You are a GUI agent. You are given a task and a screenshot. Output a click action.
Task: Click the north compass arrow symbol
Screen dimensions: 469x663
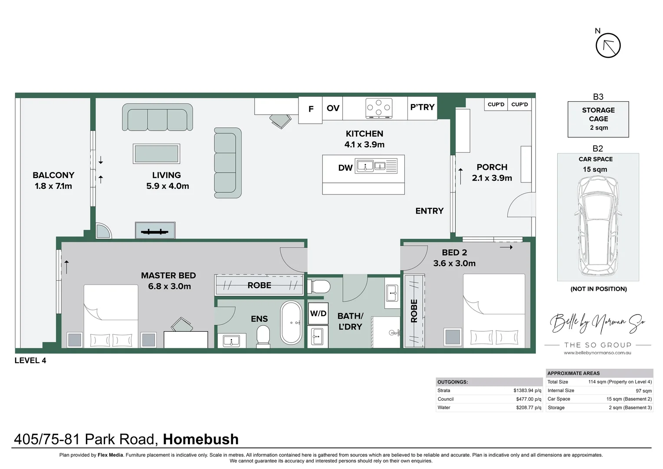pyautogui.click(x=608, y=46)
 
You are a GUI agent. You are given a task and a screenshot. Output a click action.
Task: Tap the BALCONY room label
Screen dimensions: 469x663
pyautogui.click(x=53, y=175)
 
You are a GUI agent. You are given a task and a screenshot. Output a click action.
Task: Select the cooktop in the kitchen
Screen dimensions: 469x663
pyautogui.click(x=379, y=108)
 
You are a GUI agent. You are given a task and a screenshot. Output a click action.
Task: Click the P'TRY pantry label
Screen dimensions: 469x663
pyautogui.click(x=422, y=107)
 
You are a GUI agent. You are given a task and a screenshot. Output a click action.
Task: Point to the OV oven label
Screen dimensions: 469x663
pyautogui.click(x=333, y=108)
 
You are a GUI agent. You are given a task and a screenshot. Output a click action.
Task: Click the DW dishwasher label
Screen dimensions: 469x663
pyautogui.click(x=345, y=168)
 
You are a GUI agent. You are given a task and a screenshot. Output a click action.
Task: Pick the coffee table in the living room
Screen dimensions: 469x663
pyautogui.click(x=156, y=154)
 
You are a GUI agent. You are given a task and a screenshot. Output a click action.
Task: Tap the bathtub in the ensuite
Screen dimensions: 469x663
pyautogui.click(x=291, y=323)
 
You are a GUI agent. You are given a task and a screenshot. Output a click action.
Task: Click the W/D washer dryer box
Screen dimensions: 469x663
pyautogui.click(x=318, y=314)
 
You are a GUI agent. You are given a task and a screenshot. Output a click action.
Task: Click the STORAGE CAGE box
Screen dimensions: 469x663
pyautogui.click(x=598, y=119)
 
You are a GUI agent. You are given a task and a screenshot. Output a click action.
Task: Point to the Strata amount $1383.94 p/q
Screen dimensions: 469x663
pyautogui.click(x=527, y=390)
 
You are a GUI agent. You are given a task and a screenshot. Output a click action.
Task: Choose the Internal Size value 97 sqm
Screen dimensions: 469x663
pyautogui.click(x=643, y=391)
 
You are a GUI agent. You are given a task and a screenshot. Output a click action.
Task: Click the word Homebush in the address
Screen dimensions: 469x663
pyautogui.click(x=200, y=439)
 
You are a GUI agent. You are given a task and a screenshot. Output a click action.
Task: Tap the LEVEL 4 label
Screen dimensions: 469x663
pyautogui.click(x=30, y=360)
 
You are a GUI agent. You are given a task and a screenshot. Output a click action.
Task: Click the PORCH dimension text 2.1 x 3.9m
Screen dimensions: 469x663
pyautogui.click(x=492, y=178)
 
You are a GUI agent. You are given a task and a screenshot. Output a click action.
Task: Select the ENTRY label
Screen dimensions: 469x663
pyautogui.click(x=429, y=211)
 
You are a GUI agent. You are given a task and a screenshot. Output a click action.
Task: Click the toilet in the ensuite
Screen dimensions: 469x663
pyautogui.click(x=263, y=337)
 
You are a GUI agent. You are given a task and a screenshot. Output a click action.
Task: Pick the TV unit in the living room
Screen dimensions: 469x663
pyautogui.click(x=155, y=231)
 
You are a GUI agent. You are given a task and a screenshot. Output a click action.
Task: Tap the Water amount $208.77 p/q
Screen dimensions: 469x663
pyautogui.click(x=528, y=407)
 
